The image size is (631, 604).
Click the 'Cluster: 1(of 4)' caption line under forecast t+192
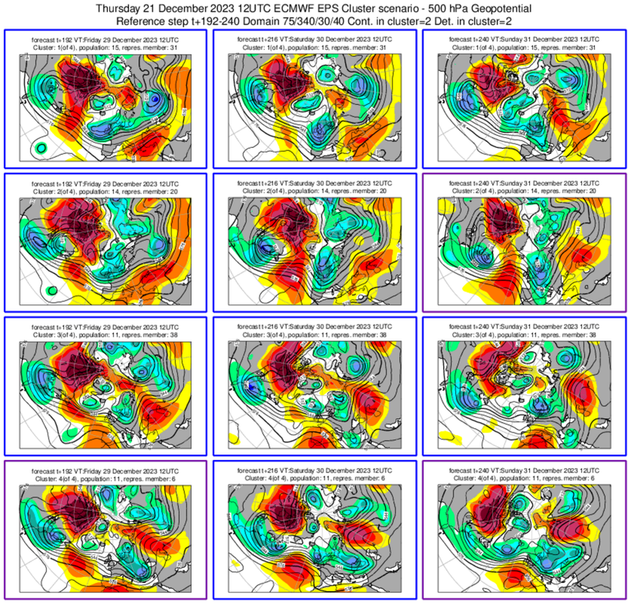coord(105,47)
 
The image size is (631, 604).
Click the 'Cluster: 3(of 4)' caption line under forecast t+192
coord(105,334)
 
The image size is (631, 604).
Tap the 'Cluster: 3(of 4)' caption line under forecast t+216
coord(315,334)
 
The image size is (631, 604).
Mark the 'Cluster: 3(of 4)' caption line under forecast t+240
coord(524,334)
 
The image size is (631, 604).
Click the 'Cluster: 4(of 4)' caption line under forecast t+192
coord(105,477)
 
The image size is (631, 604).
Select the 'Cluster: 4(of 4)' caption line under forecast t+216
coord(315,477)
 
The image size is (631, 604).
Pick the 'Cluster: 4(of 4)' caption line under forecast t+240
coord(524,477)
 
